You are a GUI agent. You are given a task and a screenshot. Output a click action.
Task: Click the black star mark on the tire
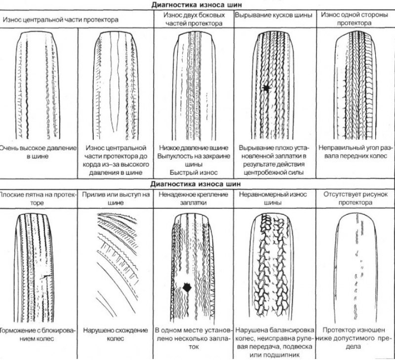[x=266, y=88]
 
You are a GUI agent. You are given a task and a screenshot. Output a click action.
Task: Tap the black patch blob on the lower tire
[x=187, y=287]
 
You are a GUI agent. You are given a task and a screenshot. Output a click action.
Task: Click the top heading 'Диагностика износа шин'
[x=197, y=4]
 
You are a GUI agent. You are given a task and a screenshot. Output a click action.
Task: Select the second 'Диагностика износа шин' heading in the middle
[x=196, y=184]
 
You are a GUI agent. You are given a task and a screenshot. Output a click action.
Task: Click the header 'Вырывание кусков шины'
[x=274, y=15]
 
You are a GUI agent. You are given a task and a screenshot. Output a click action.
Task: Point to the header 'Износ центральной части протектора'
[x=60, y=20]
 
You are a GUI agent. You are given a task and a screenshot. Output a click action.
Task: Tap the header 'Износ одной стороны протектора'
[x=354, y=19]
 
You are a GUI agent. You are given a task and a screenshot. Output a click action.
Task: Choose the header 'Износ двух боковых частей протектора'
[x=194, y=19]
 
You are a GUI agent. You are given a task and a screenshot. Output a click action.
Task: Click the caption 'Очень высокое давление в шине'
[x=38, y=152]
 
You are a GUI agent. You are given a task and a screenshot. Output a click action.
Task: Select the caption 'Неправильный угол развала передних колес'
[x=355, y=152]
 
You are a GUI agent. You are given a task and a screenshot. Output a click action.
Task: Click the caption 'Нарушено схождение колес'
[x=116, y=334]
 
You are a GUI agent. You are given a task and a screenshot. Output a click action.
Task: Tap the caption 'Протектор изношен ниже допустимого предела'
[x=354, y=338]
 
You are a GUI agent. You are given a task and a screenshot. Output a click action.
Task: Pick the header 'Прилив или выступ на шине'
[x=116, y=199]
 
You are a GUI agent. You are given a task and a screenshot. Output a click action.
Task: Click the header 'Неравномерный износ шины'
[x=273, y=199]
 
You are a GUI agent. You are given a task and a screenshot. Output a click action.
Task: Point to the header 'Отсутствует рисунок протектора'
[x=355, y=199]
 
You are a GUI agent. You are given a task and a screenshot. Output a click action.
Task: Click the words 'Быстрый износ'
[x=194, y=172]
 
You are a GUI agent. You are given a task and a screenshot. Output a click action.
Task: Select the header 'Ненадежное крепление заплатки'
[x=194, y=199]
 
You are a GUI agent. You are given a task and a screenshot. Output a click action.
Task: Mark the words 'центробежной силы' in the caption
[x=274, y=172]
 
